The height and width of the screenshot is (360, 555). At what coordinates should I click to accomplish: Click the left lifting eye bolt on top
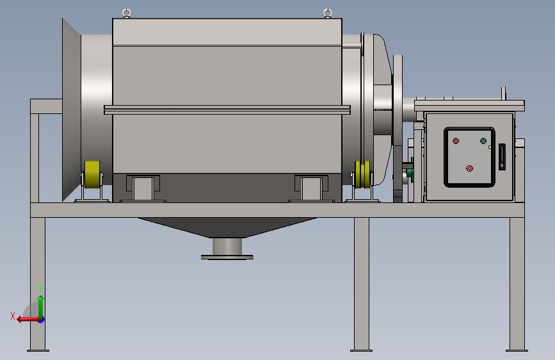click(127, 13)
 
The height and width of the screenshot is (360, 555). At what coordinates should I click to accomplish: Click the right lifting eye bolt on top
click(328, 13)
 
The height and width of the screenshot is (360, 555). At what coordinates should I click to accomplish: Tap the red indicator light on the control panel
click(456, 141)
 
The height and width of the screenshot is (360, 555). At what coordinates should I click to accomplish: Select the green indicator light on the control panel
click(483, 141)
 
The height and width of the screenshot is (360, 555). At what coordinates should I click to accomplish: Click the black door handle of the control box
click(502, 156)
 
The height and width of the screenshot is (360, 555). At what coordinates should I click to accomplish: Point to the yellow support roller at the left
click(92, 174)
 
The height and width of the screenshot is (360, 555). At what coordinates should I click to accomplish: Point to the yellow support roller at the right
click(363, 174)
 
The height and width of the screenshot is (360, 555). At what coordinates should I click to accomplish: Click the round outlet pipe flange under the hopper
click(227, 258)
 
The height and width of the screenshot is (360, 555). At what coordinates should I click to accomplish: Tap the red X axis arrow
click(29, 320)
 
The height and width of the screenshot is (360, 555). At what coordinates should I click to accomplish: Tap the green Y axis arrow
click(41, 307)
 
